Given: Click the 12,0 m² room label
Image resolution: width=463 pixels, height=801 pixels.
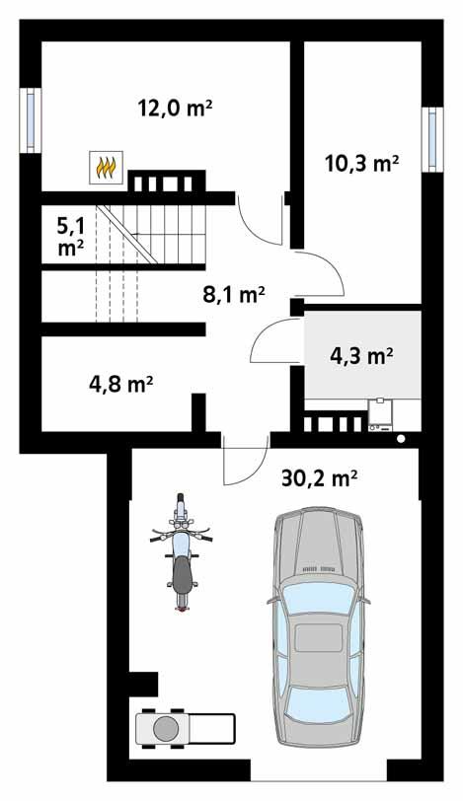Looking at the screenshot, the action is point(175,109).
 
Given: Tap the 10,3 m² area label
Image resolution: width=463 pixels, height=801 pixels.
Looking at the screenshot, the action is point(362,164).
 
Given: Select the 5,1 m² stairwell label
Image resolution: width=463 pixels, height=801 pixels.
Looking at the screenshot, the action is point(71,236).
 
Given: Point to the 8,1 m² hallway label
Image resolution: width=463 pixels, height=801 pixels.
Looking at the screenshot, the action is point(234,295).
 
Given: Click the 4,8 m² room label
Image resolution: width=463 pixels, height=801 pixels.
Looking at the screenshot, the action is point(121,384).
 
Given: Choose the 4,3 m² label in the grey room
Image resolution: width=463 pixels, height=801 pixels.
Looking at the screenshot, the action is point(361,355).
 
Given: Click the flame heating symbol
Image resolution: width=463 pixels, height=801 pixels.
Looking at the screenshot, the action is point(106,167).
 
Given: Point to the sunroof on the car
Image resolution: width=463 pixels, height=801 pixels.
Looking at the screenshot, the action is point(319,637).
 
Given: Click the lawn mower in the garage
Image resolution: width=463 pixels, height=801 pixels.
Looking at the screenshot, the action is point(185,728).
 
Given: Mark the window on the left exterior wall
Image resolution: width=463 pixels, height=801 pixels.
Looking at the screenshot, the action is point(31,120).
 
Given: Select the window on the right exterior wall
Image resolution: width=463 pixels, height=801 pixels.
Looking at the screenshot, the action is point(432,139).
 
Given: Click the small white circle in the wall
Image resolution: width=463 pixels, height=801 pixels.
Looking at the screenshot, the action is point(401,438).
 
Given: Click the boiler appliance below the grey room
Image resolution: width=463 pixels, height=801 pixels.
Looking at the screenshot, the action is point(381,414).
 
